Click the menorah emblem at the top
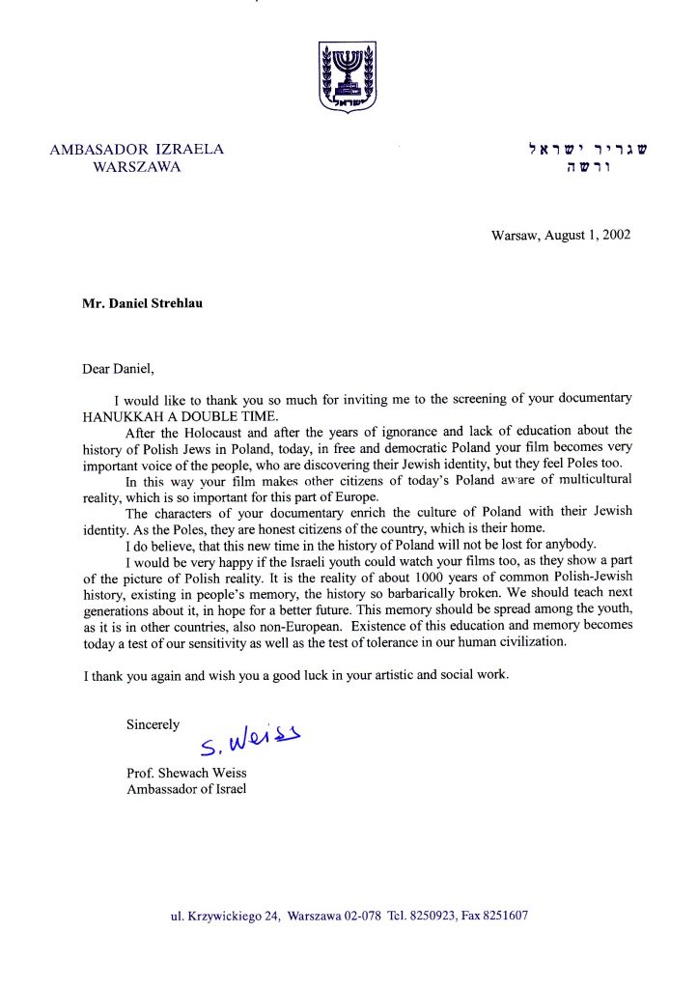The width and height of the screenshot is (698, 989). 348,75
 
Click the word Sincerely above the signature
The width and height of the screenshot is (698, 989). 153,724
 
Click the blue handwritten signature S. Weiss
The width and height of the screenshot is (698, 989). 250,740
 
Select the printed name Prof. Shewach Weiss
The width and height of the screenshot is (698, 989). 186,773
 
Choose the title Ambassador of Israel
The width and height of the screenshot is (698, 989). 186,789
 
